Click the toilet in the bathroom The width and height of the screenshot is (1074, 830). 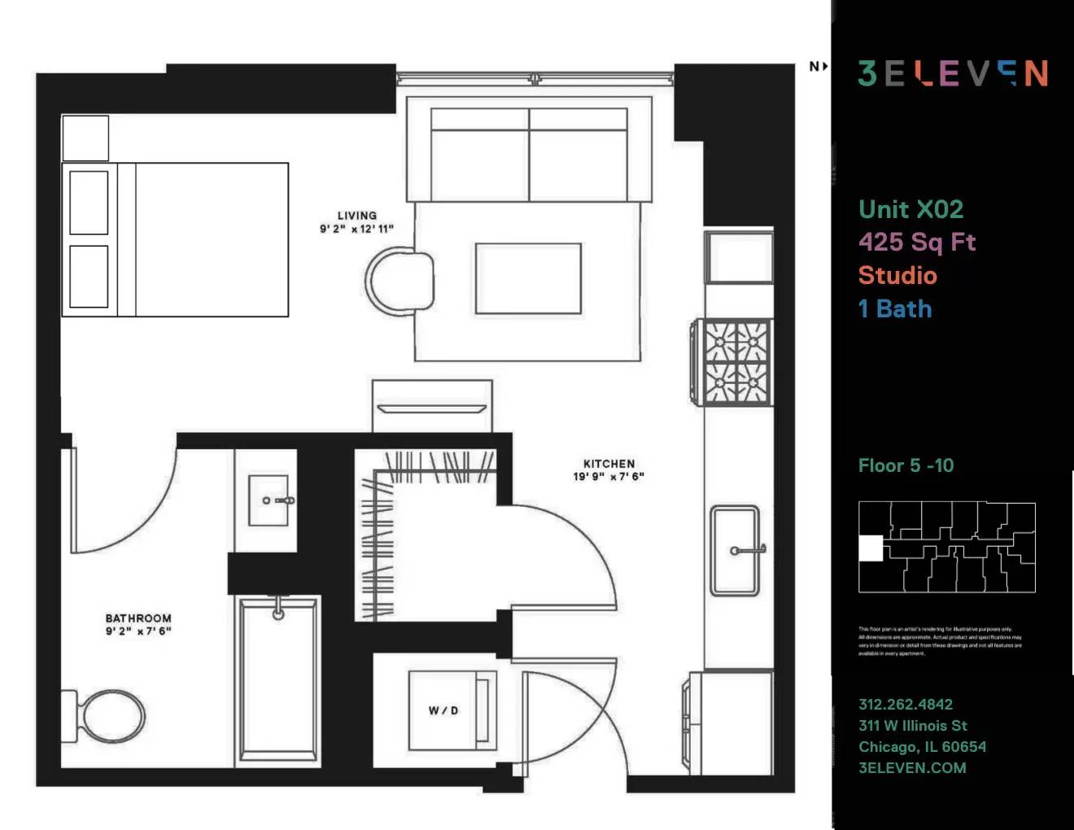point(110,716)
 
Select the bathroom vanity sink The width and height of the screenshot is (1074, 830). point(268,500)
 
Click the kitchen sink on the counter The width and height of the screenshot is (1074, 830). point(735,550)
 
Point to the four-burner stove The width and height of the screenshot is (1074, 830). point(736,361)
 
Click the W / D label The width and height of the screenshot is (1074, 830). point(443,710)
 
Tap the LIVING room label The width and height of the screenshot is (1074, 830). point(356,216)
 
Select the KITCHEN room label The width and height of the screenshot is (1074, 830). point(609,464)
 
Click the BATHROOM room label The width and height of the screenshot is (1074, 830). point(138,618)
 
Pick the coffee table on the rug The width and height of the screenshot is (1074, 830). point(528,277)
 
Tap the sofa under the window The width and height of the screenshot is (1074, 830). point(529,155)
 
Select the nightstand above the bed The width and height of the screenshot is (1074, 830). point(85,138)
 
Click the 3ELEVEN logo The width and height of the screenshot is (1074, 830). point(953,73)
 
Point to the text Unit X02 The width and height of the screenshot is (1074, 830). point(910,209)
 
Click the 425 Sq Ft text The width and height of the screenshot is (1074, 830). point(917,242)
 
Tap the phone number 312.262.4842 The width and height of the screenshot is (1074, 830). point(906,705)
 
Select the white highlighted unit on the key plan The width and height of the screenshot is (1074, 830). point(871,548)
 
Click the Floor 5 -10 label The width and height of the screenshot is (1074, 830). point(906,465)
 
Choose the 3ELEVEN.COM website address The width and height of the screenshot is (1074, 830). point(912,767)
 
